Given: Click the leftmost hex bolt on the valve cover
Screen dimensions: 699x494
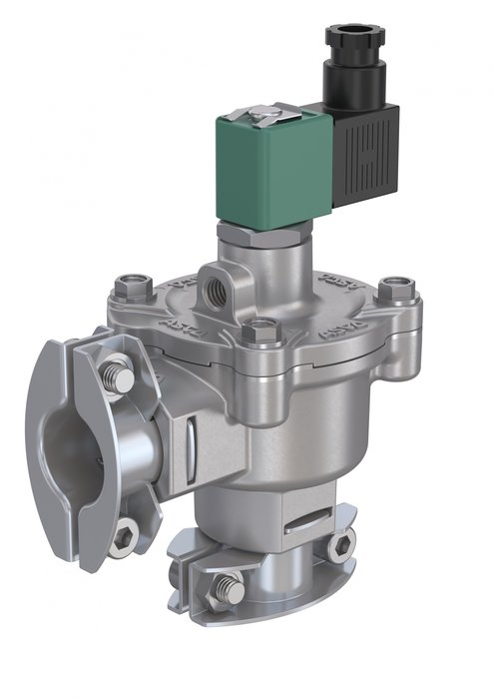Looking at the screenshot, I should pos(129,291).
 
